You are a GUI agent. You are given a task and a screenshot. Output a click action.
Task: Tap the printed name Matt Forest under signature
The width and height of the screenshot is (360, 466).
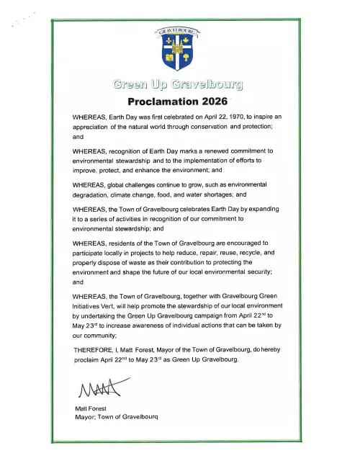[91, 408]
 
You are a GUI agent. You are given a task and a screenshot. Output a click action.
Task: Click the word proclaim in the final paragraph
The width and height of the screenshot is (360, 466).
[89, 359]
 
